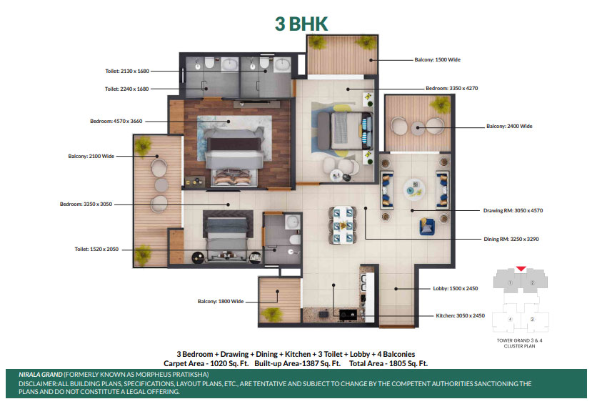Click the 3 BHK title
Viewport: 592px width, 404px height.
301,24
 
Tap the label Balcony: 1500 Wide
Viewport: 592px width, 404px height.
437,60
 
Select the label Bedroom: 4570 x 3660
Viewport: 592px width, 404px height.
116,122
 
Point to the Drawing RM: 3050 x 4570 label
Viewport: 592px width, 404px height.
513,210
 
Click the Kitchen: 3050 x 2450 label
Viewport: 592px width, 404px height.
460,315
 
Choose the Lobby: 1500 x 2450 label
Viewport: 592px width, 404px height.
456,288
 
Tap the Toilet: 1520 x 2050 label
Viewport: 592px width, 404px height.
96,249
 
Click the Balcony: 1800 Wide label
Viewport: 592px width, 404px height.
221,301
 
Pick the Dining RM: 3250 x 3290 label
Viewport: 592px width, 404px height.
511,239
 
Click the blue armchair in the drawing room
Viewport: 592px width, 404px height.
427,226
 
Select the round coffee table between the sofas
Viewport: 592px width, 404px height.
414,189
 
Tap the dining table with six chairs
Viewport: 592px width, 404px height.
343,225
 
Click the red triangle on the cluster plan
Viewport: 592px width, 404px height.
521,269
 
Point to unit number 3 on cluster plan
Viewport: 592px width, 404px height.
532,320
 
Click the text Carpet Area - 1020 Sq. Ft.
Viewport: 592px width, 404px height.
206,363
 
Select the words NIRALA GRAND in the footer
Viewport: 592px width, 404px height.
41,375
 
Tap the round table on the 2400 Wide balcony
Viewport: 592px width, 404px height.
418,127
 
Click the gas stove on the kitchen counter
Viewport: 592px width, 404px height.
348,315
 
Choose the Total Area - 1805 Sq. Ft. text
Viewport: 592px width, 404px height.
388,363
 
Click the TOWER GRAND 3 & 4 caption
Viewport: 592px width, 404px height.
519,340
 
